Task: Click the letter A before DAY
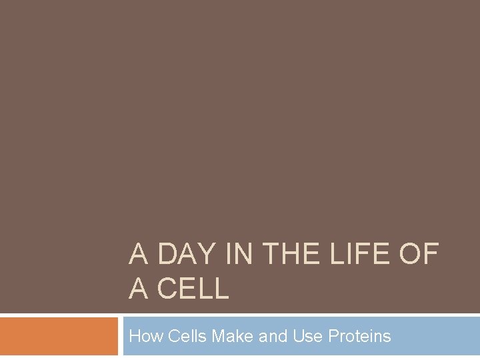click(138, 255)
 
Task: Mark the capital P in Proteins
click(333, 336)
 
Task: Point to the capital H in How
click(135, 336)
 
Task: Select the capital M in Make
click(218, 336)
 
